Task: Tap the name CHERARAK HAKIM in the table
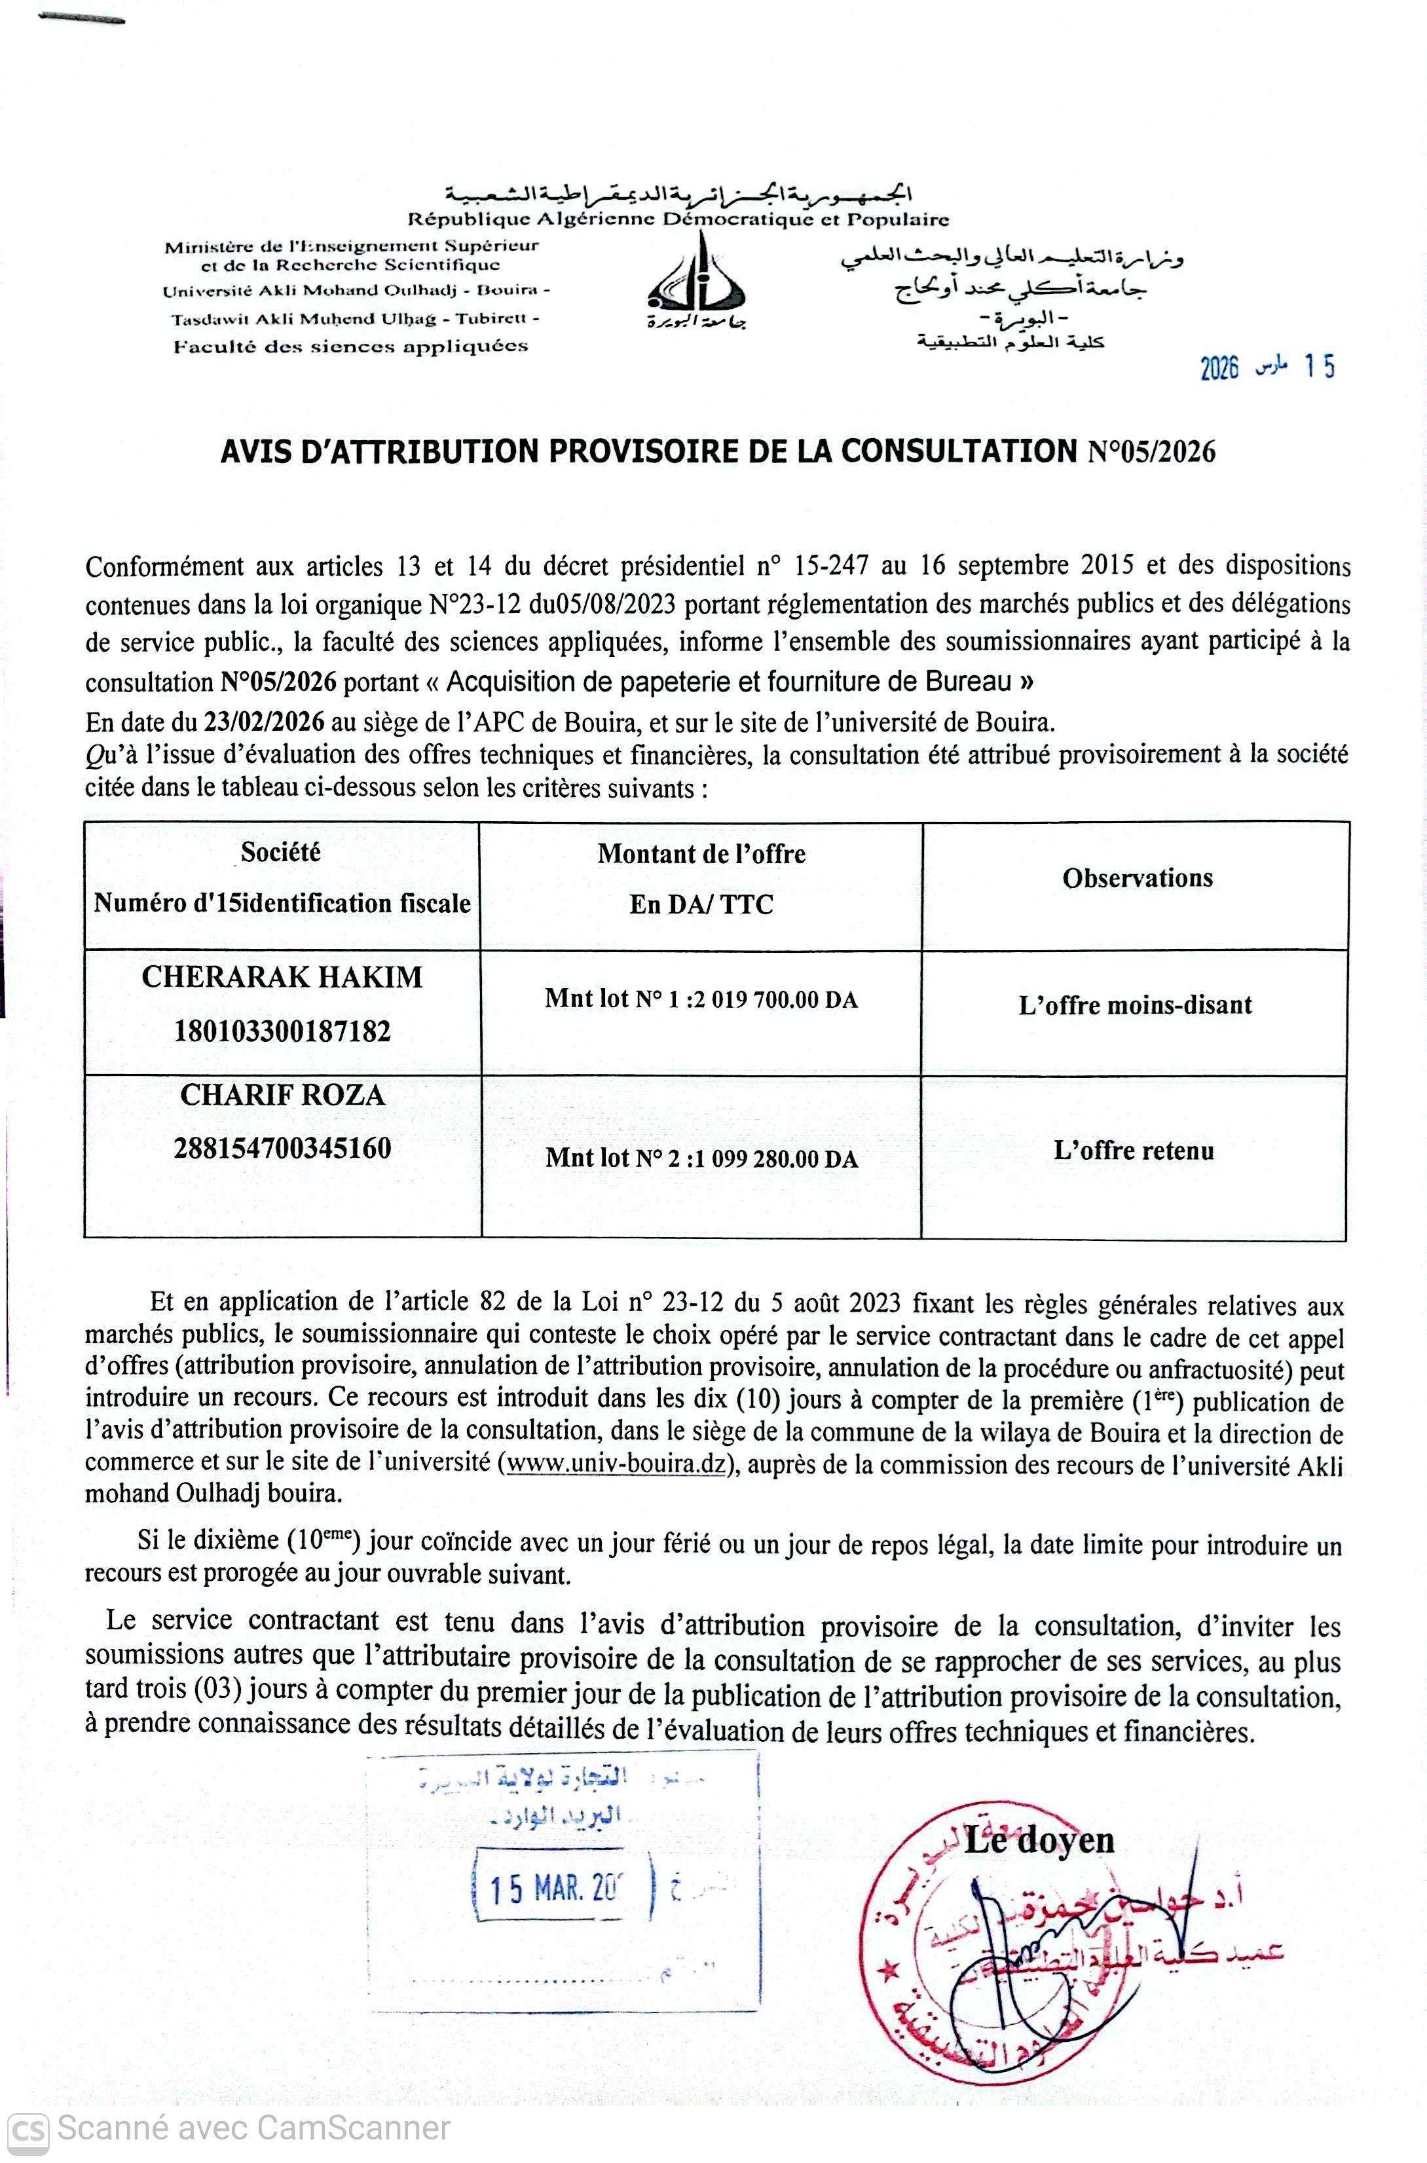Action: pyautogui.click(x=282, y=977)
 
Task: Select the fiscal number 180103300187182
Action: pyautogui.click(x=282, y=1031)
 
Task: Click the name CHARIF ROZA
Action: pyautogui.click(x=282, y=1095)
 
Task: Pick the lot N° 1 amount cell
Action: pyautogui.click(x=701, y=999)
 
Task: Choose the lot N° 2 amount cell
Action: pyautogui.click(x=701, y=1158)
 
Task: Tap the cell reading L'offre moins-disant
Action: pyautogui.click(x=1135, y=1005)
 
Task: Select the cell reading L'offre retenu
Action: pyautogui.click(x=1134, y=1151)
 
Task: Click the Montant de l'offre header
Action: pyautogui.click(x=701, y=855)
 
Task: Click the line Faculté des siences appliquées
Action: pyautogui.click(x=350, y=346)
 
